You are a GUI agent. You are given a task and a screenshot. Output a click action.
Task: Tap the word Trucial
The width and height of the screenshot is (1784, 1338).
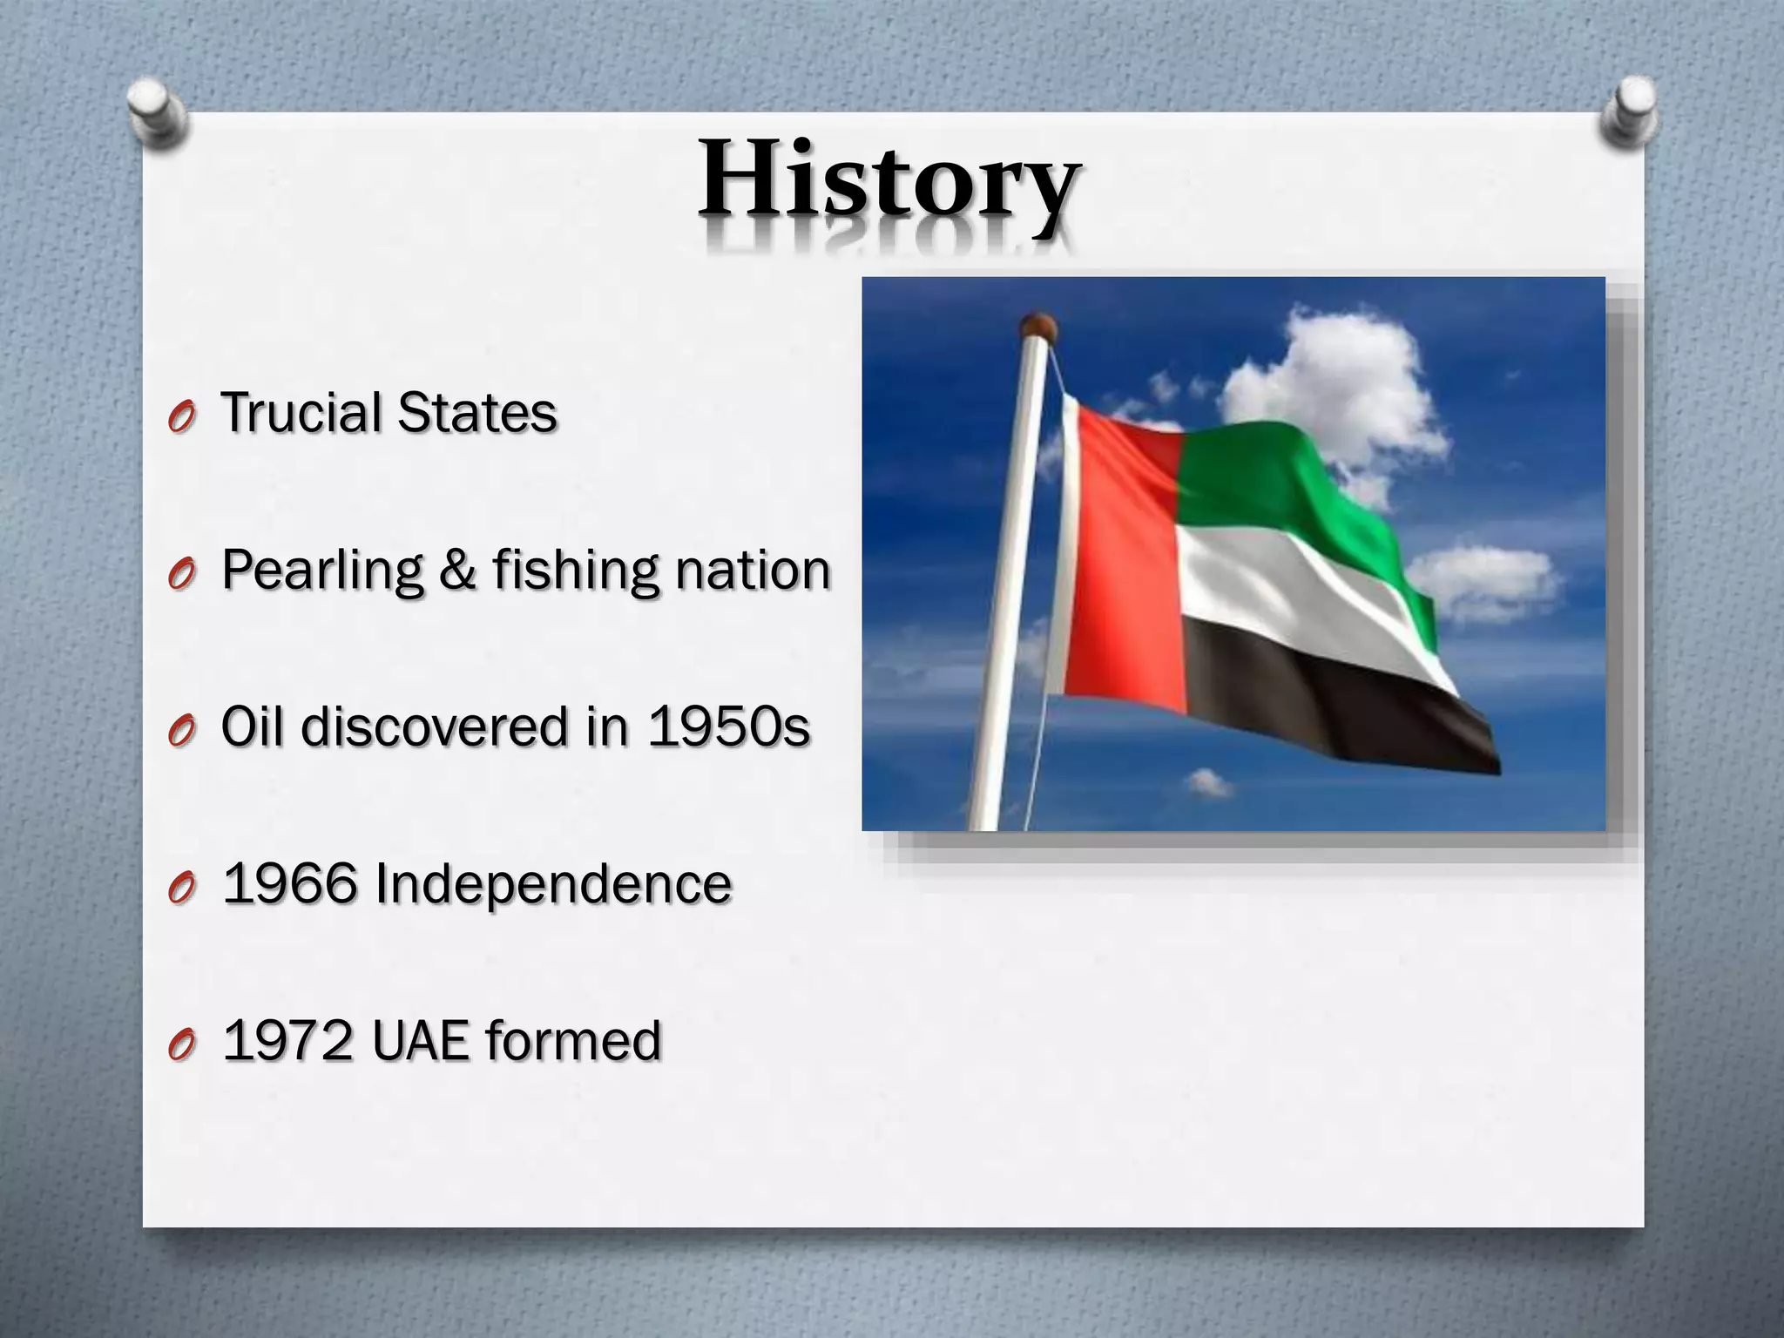pos(301,412)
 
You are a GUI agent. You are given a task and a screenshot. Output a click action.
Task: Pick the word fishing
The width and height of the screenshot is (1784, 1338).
pos(575,571)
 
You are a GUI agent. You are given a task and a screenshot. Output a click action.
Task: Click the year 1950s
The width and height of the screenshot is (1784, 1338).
pos(728,726)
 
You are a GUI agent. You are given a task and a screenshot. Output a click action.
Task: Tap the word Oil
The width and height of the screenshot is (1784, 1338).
pos(252,726)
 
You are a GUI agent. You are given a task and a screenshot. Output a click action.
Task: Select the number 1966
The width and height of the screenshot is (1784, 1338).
pos(290,883)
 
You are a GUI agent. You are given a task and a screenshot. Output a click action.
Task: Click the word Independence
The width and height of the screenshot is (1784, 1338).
pos(553,883)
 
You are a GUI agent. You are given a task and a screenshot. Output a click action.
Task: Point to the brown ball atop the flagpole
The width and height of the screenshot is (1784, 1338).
pos(1037,328)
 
